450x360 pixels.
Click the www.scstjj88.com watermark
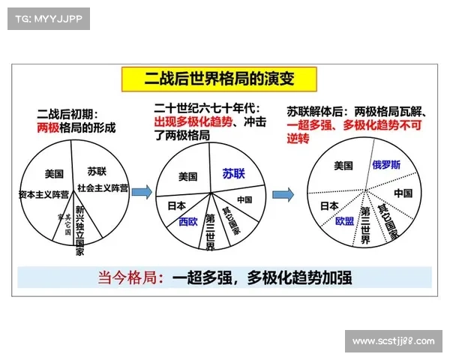393,342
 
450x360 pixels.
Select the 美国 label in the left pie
54,174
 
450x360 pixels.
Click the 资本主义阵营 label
43,194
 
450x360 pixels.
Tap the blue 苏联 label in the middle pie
233,174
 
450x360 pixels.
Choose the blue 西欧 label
187,222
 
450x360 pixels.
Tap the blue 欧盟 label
344,222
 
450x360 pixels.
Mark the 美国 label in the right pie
343,166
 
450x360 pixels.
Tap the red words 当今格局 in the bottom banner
129,277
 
